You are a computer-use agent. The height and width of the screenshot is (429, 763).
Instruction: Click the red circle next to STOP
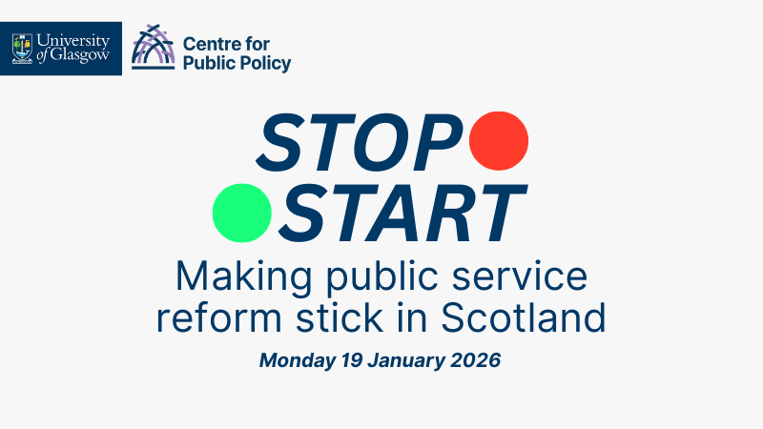point(499,139)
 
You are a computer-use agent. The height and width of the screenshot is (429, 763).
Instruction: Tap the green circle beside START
point(242,211)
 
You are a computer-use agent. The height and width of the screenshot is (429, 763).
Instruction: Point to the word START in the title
point(406,213)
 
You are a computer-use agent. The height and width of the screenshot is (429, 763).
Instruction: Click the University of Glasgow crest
point(23,48)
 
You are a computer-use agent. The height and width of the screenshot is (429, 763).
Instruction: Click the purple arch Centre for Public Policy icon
point(153,48)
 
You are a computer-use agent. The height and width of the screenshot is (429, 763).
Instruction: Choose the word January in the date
point(408,361)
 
